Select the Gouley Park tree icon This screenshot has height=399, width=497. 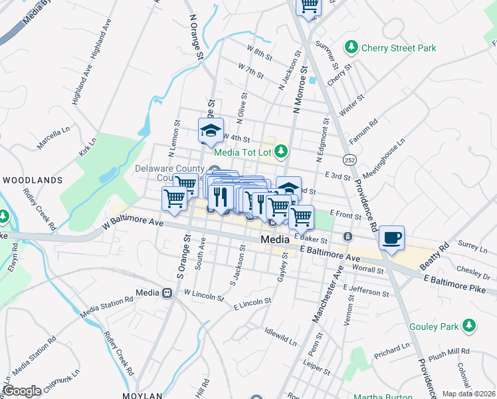coord(470,325)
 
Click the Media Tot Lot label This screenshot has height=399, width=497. coord(244,152)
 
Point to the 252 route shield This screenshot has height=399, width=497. coord(348,160)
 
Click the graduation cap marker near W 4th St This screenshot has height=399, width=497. coord(211,130)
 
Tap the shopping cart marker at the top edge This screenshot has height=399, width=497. coord(308,5)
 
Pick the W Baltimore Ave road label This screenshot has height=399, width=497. coord(133,220)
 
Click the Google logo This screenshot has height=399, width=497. coord(22,390)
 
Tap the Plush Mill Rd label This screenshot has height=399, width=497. coord(449,351)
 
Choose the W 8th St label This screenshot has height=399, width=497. coord(260,51)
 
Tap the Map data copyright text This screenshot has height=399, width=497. coord(469,394)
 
